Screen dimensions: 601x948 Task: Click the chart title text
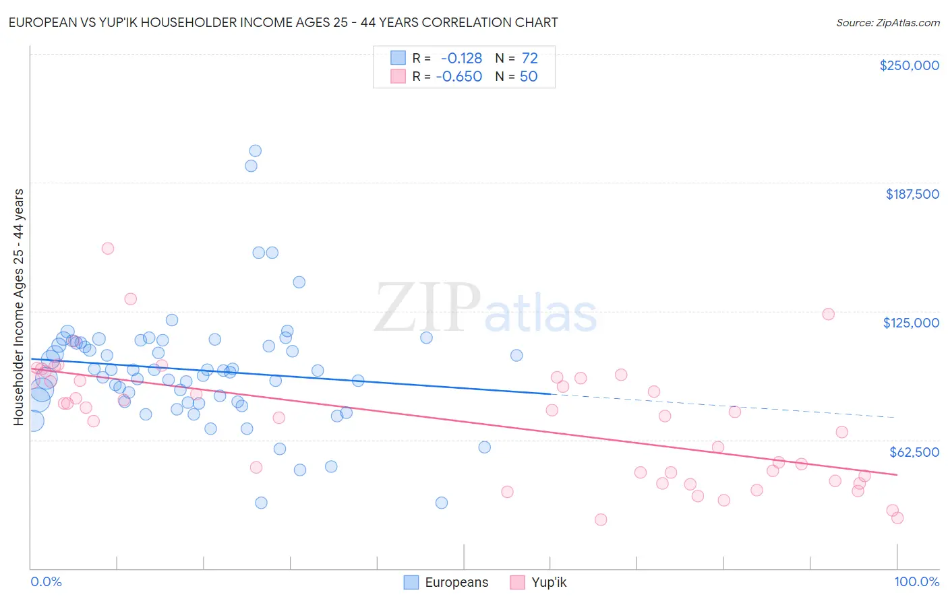pos(283,22)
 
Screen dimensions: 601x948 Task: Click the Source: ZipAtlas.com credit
pos(887,22)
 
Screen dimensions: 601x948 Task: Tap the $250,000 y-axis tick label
pos(909,65)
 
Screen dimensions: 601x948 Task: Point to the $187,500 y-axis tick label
pos(912,194)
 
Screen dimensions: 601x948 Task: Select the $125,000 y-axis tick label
pos(911,323)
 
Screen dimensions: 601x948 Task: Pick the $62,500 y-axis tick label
pos(914,452)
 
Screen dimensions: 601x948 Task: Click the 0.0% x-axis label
pos(46,581)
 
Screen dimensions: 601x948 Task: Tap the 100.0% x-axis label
pos(916,581)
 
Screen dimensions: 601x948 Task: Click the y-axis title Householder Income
pos(18,307)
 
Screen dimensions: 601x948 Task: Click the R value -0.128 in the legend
pos(461,59)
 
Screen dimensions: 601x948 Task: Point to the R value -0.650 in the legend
pos(458,77)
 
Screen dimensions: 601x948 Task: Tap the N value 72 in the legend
pos(529,59)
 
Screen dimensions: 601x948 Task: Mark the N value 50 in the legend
pos(529,77)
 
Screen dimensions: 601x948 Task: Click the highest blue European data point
pos(255,151)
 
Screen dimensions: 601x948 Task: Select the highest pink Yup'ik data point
pos(107,248)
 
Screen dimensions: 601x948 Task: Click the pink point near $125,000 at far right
pos(828,314)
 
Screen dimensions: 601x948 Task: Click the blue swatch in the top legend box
pos(398,59)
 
